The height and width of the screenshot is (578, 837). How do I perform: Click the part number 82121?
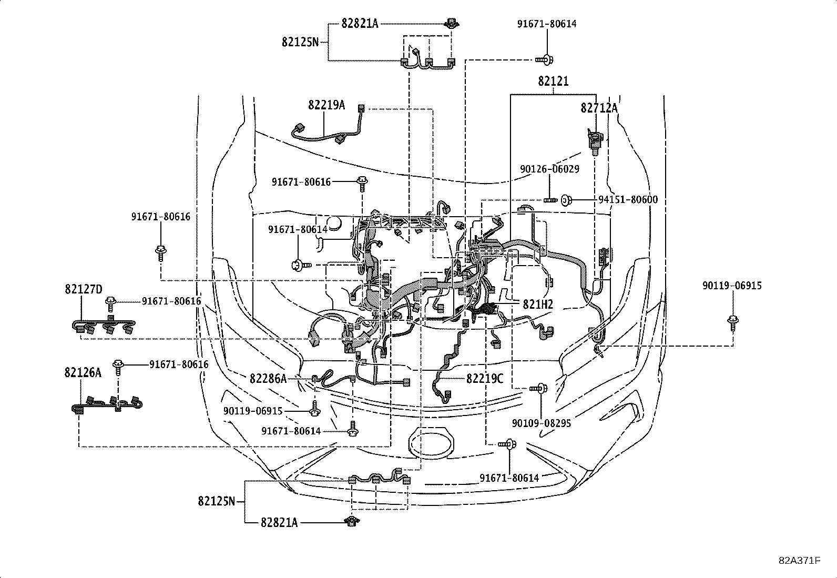[x=553, y=82]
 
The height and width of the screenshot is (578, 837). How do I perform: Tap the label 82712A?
[x=599, y=108]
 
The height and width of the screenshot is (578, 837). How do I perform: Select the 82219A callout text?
[x=326, y=105]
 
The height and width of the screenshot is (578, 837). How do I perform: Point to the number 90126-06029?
[x=549, y=169]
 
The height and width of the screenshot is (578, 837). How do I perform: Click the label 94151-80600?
[x=628, y=200]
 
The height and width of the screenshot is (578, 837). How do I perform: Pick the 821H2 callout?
[x=538, y=304]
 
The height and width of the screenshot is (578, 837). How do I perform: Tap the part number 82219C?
[x=485, y=378]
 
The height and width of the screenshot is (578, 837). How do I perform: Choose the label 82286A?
[x=268, y=378]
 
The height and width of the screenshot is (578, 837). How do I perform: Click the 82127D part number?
[x=84, y=289]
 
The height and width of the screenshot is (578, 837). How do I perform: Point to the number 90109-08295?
[x=542, y=423]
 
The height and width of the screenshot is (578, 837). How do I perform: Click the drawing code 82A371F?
[x=800, y=560]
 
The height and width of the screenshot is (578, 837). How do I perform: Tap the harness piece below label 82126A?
[x=107, y=404]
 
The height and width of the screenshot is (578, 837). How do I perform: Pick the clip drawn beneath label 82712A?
[x=595, y=140]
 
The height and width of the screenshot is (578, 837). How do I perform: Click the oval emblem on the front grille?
[x=430, y=440]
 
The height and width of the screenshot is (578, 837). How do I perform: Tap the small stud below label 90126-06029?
[x=550, y=199]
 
